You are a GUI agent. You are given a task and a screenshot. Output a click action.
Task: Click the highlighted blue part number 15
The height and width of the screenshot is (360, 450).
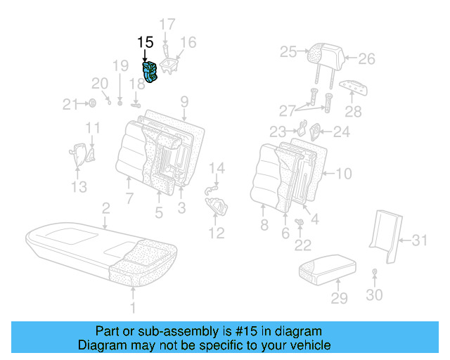click(x=151, y=72)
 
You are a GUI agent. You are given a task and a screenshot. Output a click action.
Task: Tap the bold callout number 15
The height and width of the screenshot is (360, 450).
click(x=145, y=42)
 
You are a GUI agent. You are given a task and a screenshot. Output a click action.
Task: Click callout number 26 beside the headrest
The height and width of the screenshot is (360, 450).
click(x=366, y=59)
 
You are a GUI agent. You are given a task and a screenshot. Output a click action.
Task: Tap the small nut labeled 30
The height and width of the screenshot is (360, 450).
click(x=375, y=271)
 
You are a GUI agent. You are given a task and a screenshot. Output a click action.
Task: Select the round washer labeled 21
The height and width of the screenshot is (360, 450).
click(x=91, y=105)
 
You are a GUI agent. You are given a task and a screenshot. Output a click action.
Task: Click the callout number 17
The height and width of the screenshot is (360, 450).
click(x=166, y=25)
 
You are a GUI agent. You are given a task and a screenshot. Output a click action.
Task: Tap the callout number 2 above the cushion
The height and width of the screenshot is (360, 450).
click(x=105, y=208)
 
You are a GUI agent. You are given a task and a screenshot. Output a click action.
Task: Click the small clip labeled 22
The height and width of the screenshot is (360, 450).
click(x=300, y=223)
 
